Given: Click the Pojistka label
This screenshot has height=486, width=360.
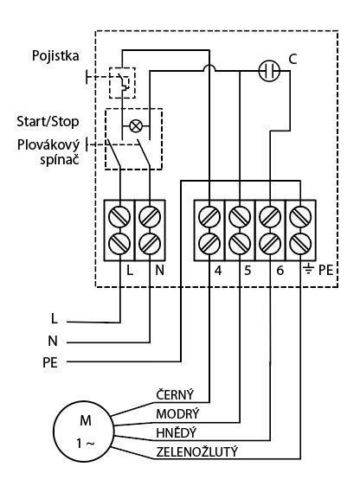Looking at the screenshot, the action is pyautogui.click(x=55, y=56).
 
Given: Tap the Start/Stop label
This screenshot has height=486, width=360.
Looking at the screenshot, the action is pyautogui.click(x=48, y=121).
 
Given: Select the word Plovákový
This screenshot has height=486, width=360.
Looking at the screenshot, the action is pyautogui.click(x=48, y=145).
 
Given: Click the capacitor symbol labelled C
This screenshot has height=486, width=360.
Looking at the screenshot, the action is pyautogui.click(x=269, y=71).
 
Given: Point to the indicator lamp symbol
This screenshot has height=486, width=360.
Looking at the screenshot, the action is pyautogui.click(x=136, y=126).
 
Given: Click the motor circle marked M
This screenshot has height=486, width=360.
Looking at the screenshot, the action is pyautogui.click(x=84, y=432).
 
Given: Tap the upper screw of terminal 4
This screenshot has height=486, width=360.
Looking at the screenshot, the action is pyautogui.click(x=209, y=216).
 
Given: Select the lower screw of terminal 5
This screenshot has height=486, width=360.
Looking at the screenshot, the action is pyautogui.click(x=240, y=243).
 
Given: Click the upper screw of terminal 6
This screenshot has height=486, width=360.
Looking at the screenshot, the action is pyautogui.click(x=270, y=216).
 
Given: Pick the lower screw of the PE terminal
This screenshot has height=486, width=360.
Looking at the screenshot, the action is pyautogui.click(x=300, y=243).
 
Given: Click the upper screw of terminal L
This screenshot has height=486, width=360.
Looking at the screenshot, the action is pyautogui.click(x=119, y=216).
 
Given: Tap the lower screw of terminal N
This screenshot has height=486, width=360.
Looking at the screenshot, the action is pyautogui.click(x=150, y=243).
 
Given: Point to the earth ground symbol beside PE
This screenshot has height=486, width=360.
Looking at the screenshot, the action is pyautogui.click(x=308, y=270).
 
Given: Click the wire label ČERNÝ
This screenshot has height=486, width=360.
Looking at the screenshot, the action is pyautogui.click(x=175, y=395).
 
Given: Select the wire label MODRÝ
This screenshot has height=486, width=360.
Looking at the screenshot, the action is pyautogui.click(x=177, y=414).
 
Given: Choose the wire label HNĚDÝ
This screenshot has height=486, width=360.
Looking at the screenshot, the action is pyautogui.click(x=177, y=432).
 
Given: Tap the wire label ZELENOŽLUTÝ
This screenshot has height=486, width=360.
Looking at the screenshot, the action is pyautogui.click(x=197, y=452).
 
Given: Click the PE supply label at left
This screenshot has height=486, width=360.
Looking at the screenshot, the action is pyautogui.click(x=50, y=362).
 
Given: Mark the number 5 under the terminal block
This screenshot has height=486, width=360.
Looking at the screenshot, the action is pyautogui.click(x=247, y=271).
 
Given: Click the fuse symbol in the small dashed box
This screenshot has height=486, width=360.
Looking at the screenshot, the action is pyautogui.click(x=122, y=83).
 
